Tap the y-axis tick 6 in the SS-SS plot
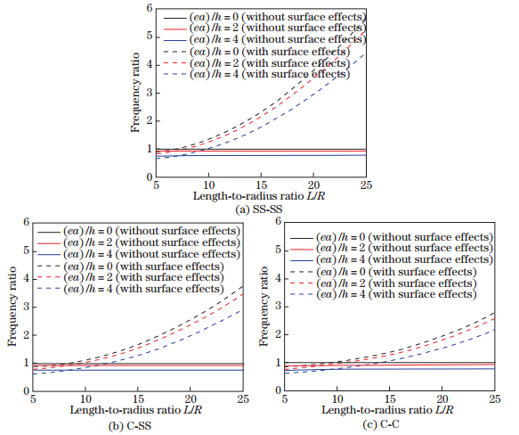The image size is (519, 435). (150, 7)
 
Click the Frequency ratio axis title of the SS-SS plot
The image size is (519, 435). (135, 92)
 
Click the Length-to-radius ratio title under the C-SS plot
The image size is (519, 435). (138, 411)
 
